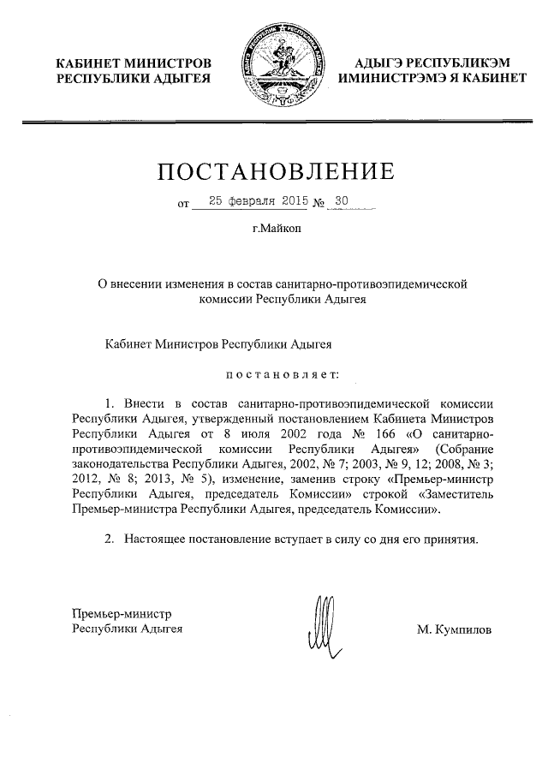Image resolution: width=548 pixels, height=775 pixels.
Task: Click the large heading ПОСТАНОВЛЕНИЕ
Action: [276, 171]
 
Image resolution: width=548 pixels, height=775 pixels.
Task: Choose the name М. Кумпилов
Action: [455, 629]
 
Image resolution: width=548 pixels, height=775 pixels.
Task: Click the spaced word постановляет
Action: [282, 373]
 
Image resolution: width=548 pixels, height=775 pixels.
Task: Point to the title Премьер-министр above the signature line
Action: [122, 614]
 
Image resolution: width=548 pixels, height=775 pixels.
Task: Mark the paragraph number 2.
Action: [109, 540]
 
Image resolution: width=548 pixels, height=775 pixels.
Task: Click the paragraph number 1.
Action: [109, 402]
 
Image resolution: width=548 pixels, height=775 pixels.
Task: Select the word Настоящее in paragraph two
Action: [157, 540]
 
